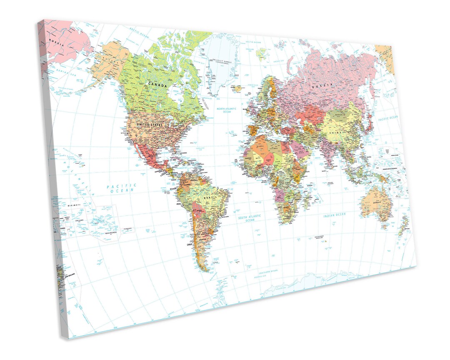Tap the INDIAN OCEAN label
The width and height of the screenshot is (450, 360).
coord(335,215)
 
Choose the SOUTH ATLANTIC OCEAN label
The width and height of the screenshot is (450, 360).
coord(250,218)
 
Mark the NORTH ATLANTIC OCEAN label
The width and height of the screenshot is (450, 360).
coord(227,110)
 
